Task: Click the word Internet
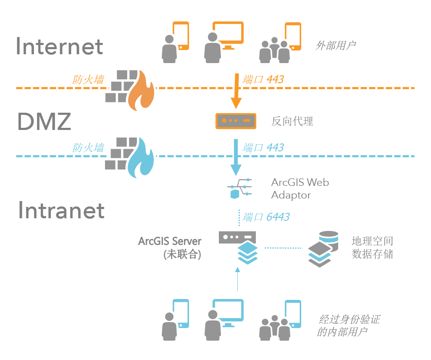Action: [60, 46]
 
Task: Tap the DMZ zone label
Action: [45, 122]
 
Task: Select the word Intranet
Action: [61, 210]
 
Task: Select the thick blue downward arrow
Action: [237, 158]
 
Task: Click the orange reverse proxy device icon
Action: [236, 121]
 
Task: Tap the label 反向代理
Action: [292, 122]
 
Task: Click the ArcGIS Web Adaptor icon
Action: [239, 189]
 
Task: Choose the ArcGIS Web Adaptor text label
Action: [300, 189]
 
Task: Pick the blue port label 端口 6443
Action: [266, 217]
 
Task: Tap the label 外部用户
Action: [335, 45]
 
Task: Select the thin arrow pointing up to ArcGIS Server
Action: [237, 280]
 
